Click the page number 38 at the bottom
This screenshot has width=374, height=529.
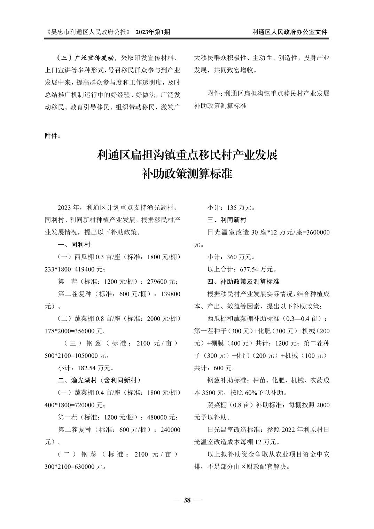(187, 500)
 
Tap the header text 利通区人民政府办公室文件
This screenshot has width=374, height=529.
(290, 32)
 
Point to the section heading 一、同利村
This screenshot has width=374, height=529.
(74, 245)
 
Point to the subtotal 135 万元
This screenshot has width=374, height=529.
(239, 208)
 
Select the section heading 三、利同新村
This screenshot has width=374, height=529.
(227, 220)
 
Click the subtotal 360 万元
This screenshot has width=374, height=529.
(239, 257)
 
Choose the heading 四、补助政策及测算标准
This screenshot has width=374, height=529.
(243, 281)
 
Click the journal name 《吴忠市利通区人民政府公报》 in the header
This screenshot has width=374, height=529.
(88, 32)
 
